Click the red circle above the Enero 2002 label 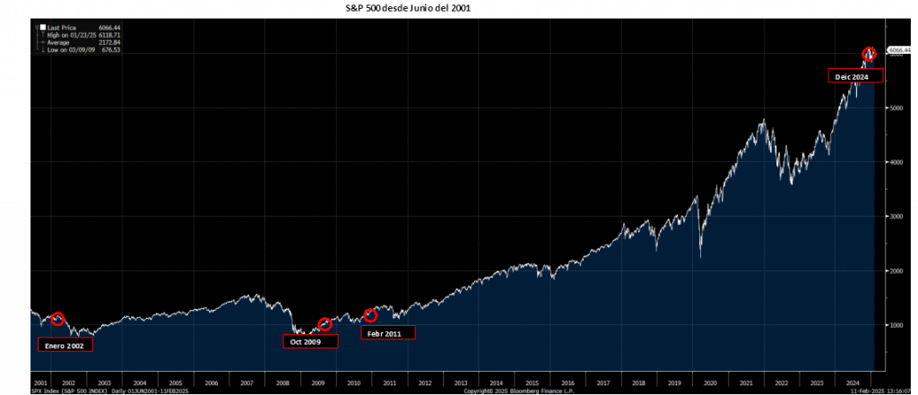point(58,319)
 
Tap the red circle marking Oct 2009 point(325,323)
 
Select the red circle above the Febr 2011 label point(370,315)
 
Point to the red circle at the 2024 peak point(868,55)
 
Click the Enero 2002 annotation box point(65,344)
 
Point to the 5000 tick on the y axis point(894,107)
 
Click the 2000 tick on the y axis point(894,270)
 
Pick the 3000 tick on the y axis point(894,216)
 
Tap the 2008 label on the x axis point(282,382)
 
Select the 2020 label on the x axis point(710,382)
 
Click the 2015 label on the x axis point(532,382)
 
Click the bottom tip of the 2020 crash point(700,259)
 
